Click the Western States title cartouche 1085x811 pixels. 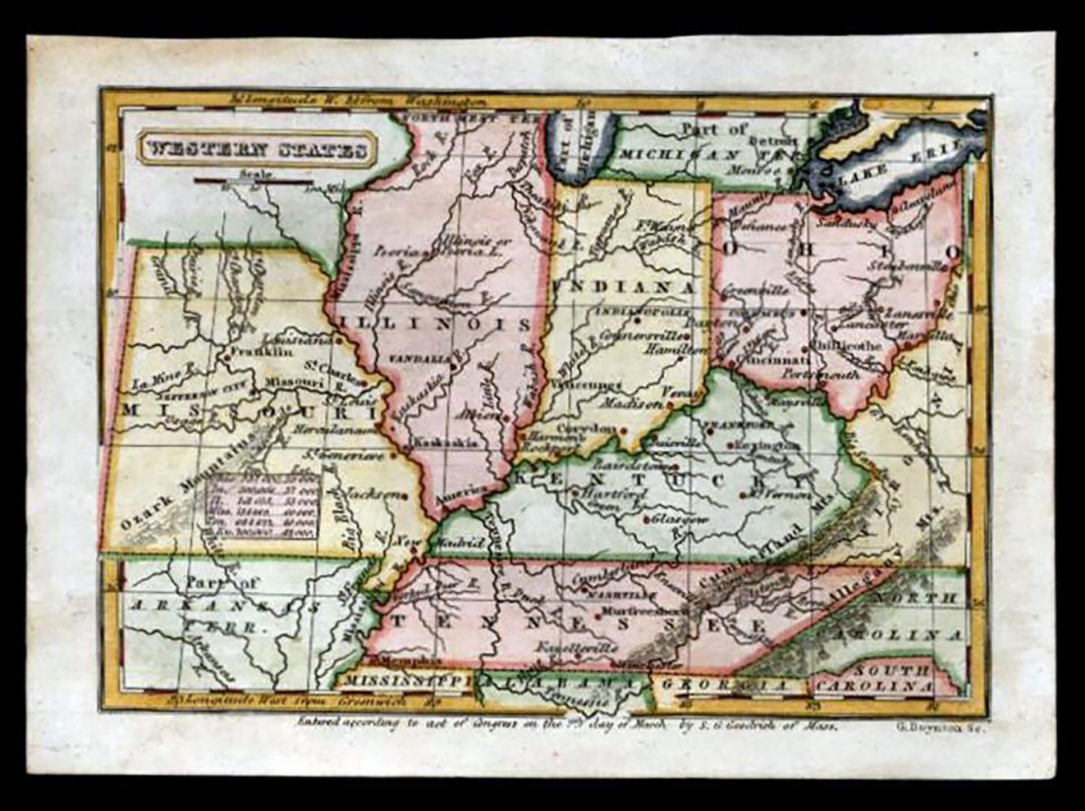tap(255, 150)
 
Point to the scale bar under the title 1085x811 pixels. tap(255, 182)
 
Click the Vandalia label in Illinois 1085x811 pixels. tap(417, 358)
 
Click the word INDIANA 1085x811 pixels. tap(624, 286)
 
